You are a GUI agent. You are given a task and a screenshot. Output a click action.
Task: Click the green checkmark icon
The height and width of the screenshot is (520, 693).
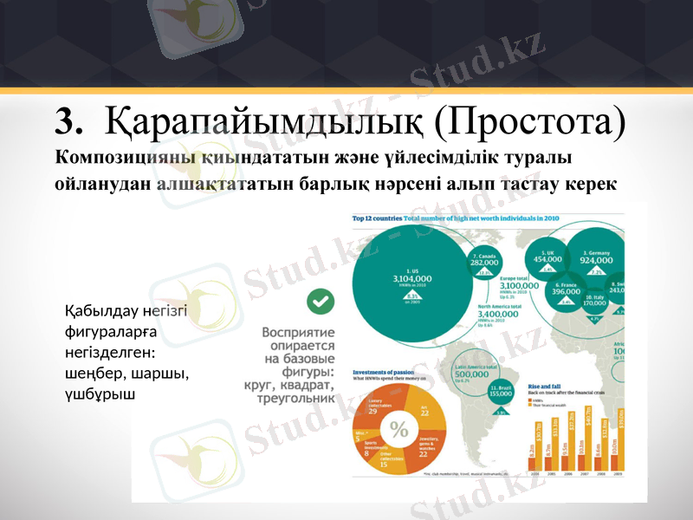click(x=321, y=302)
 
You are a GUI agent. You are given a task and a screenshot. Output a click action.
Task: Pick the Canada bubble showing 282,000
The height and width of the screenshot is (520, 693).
click(x=483, y=263)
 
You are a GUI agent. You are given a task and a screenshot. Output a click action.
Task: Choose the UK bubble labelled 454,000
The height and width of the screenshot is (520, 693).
click(x=547, y=256)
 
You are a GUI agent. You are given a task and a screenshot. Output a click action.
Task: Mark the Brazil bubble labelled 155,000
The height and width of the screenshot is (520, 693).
click(x=501, y=391)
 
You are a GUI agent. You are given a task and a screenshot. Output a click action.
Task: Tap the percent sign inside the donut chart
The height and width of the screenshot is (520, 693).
click(x=398, y=429)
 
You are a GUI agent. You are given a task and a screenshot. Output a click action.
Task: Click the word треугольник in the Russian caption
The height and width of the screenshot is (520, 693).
click(x=299, y=400)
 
